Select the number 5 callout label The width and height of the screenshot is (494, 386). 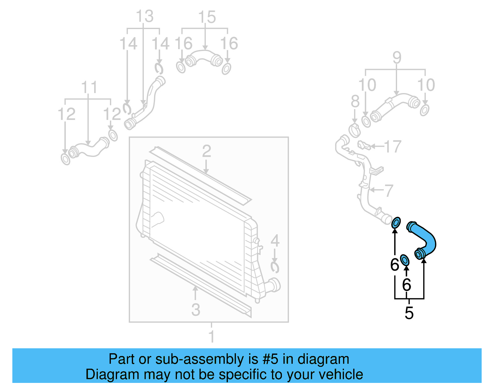409,313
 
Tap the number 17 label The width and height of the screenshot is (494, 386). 392,146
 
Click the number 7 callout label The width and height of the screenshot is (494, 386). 388,190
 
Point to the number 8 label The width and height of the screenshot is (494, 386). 355,101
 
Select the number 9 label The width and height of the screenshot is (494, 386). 397,58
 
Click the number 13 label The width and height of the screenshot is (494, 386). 144,16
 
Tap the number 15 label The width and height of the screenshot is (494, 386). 207,17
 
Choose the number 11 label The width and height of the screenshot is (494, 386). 89,88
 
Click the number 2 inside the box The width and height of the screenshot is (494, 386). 206,151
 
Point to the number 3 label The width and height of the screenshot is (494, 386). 195,310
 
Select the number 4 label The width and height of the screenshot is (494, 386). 275,241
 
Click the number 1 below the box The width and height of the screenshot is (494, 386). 211,336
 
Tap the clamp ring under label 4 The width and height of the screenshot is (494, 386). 274,267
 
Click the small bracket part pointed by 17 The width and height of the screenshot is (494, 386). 363,145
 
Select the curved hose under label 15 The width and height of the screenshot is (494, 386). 204,58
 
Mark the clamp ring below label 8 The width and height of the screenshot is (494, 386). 354,130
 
